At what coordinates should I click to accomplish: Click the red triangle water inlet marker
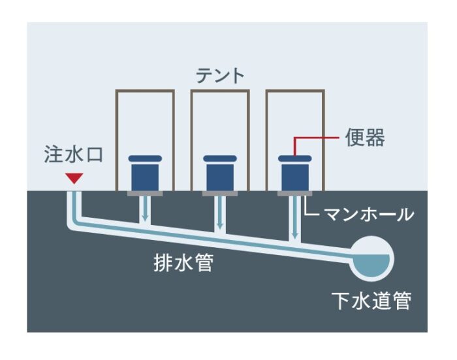74,178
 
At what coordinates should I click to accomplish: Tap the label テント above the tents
220,76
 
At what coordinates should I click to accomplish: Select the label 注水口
74,155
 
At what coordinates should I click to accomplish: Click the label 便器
365,138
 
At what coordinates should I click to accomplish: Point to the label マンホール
369,215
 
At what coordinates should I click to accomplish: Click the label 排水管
183,263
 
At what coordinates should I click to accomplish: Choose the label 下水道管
371,301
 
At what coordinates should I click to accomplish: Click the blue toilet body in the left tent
145,177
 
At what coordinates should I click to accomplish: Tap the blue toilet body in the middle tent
220,177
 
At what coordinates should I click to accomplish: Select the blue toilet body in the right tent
295,177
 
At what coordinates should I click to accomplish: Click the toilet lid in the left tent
145,158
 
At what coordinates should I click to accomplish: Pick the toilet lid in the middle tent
220,158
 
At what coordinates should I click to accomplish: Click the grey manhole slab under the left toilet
145,194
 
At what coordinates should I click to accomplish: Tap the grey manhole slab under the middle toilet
220,194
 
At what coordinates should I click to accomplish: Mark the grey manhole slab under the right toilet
295,194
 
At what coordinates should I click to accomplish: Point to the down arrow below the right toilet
295,217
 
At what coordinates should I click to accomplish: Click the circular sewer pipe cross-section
371,259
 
